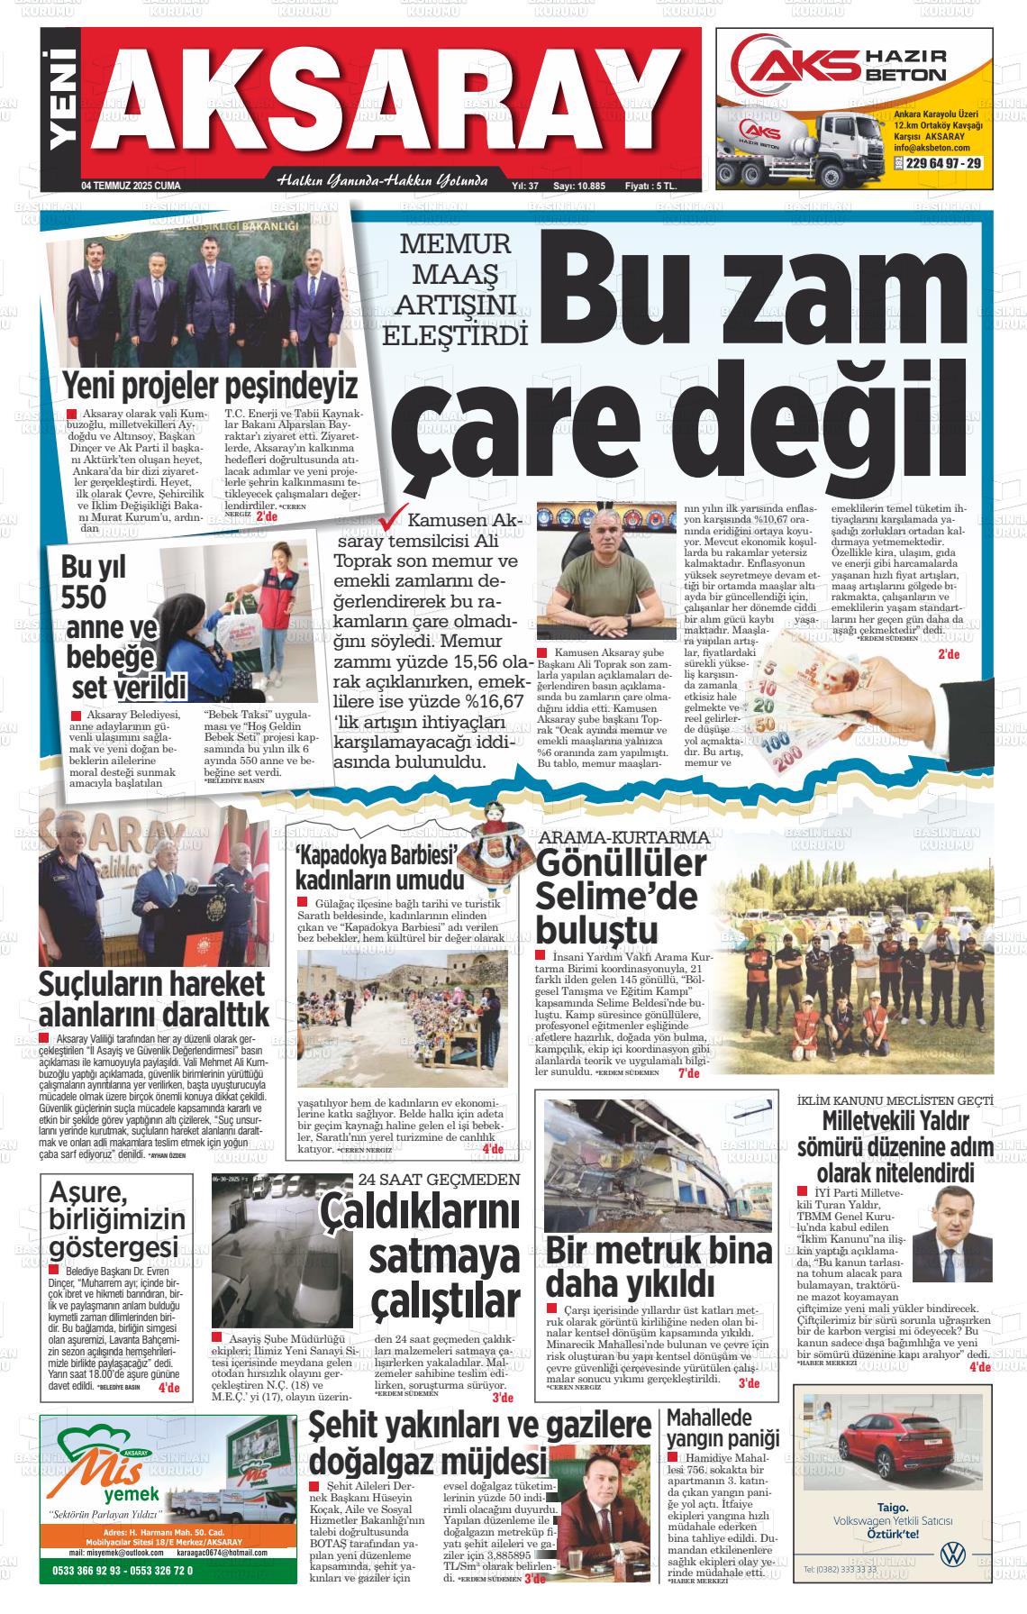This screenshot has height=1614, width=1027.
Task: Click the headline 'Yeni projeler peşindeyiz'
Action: pos(210,386)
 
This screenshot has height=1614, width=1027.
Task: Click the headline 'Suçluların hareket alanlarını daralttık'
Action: pos(153,998)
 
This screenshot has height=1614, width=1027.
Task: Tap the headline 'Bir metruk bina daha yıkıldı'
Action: pos(659,1264)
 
